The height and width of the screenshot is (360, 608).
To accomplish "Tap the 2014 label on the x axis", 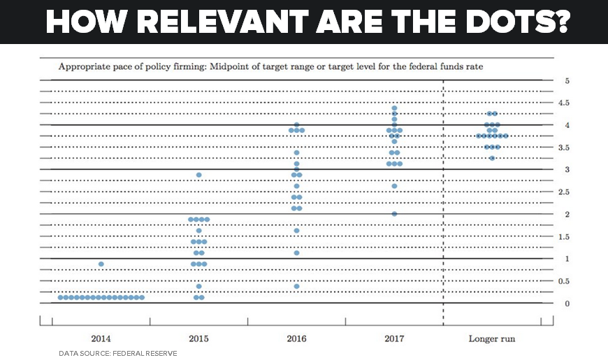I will click(101, 338).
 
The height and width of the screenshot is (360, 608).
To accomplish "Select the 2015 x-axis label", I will click(198, 338).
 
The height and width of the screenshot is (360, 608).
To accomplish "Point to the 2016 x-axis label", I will click(296, 338).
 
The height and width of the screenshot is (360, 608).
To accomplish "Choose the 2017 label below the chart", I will click(394, 338).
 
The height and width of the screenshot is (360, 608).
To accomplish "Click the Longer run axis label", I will click(491, 338).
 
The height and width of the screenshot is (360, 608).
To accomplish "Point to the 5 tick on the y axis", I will click(567, 80).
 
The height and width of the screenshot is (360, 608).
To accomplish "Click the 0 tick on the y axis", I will click(567, 303).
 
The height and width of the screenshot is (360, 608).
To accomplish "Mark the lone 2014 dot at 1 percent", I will click(101, 264).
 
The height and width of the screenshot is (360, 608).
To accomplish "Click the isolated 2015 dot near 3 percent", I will click(199, 175).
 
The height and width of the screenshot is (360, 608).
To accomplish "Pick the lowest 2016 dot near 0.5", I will click(297, 286).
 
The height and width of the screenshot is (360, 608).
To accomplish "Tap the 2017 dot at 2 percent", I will click(394, 214).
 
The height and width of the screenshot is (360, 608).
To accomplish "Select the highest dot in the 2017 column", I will click(394, 108).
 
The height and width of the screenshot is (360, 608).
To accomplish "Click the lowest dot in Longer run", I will click(492, 158).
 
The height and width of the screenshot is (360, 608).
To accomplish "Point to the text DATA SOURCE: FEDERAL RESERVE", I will click(117, 354).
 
